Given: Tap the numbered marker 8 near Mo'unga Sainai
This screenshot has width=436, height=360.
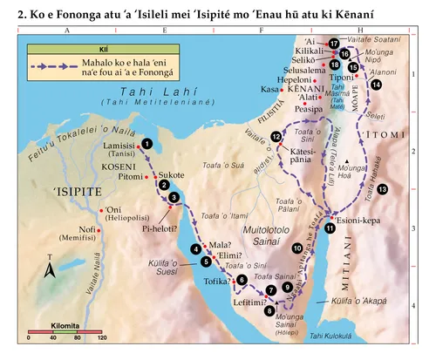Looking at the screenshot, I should [x=269, y=310].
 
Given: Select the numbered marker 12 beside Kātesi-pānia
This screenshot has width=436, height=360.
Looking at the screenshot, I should [x=276, y=136].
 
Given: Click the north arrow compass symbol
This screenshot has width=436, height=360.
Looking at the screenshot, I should [x=51, y=269].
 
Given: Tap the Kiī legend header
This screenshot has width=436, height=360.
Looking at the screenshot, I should [x=79, y=49].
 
